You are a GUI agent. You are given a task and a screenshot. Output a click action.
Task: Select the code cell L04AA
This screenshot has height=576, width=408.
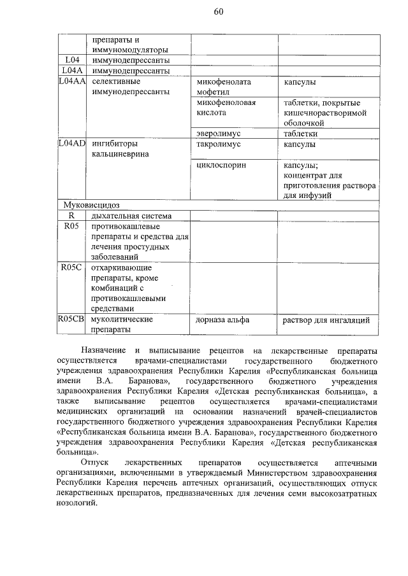(x=71, y=82)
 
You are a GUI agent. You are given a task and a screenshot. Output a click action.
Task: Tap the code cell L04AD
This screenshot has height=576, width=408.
(x=71, y=144)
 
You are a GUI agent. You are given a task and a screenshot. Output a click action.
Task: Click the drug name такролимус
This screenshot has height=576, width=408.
(x=219, y=144)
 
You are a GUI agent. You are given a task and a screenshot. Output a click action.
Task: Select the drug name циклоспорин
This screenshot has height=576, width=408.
(x=221, y=165)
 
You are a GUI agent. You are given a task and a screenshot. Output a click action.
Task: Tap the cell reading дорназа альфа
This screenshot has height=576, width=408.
(x=222, y=320)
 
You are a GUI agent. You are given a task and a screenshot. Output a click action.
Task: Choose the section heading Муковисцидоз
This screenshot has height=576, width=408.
(x=92, y=205)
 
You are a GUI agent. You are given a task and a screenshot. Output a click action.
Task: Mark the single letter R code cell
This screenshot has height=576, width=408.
(x=71, y=216)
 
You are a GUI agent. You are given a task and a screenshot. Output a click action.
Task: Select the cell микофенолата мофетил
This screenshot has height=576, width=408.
(x=224, y=87)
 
